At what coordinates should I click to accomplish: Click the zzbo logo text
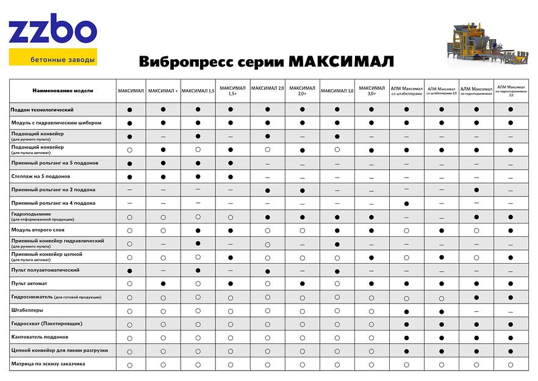pyautogui.click(x=52, y=32)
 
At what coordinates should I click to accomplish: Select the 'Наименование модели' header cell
pyautogui.click(x=63, y=90)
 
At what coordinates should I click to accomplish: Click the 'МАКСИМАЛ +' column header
pyautogui.click(x=163, y=90)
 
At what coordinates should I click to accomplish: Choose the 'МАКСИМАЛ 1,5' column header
pyautogui.click(x=198, y=90)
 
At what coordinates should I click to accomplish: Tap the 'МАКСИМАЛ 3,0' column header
pyautogui.click(x=337, y=90)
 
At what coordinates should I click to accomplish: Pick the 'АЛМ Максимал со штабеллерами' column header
pyautogui.click(x=406, y=90)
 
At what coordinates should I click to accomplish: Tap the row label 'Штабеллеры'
pyautogui.click(x=26, y=310)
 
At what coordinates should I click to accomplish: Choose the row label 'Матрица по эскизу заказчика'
pyautogui.click(x=48, y=363)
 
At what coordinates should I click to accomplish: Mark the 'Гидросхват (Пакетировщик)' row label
pyautogui.click(x=46, y=323)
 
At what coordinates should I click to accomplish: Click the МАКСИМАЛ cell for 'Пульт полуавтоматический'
pyautogui.click(x=130, y=270)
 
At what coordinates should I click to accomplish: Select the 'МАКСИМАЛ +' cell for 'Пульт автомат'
pyautogui.click(x=163, y=283)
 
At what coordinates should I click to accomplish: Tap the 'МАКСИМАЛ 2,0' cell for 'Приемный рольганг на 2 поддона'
pyautogui.click(x=268, y=191)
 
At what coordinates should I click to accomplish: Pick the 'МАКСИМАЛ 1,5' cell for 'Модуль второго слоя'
pyautogui.click(x=198, y=230)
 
